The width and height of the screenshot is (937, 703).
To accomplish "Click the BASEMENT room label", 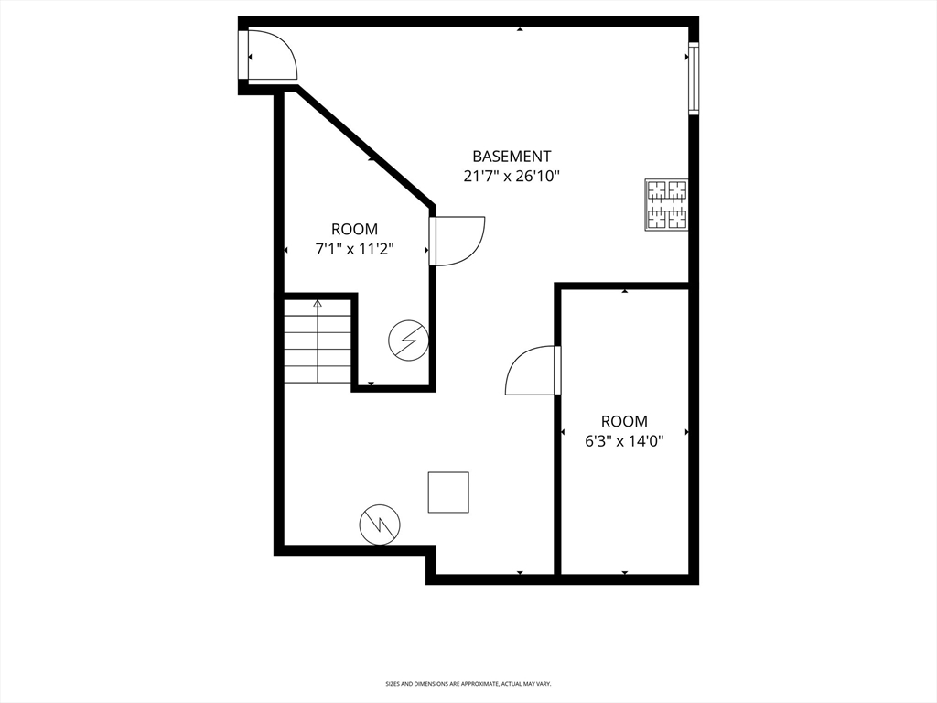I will tap(512, 157).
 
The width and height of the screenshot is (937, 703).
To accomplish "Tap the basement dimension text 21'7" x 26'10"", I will tap(512, 177).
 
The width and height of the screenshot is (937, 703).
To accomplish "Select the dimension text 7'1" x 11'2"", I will tap(354, 249).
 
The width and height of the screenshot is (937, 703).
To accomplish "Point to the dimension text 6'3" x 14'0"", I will tap(624, 441).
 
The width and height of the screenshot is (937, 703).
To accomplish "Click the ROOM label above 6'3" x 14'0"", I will tap(624, 421).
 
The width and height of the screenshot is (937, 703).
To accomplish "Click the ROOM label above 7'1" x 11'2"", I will tap(354, 230).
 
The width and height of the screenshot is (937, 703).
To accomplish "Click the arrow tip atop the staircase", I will tap(318, 301).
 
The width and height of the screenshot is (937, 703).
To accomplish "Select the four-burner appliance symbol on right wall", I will tap(666, 204).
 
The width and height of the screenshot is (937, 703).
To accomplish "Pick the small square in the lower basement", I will tap(448, 492).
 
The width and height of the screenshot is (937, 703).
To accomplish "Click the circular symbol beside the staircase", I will tap(408, 341).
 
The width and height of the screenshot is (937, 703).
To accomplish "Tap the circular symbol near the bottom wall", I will tap(379, 525).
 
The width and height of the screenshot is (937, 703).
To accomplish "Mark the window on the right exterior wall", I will tap(694, 79).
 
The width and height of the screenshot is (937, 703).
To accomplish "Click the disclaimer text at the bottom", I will tap(468, 684).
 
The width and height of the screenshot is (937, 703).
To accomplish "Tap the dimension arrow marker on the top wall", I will tap(520, 30).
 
